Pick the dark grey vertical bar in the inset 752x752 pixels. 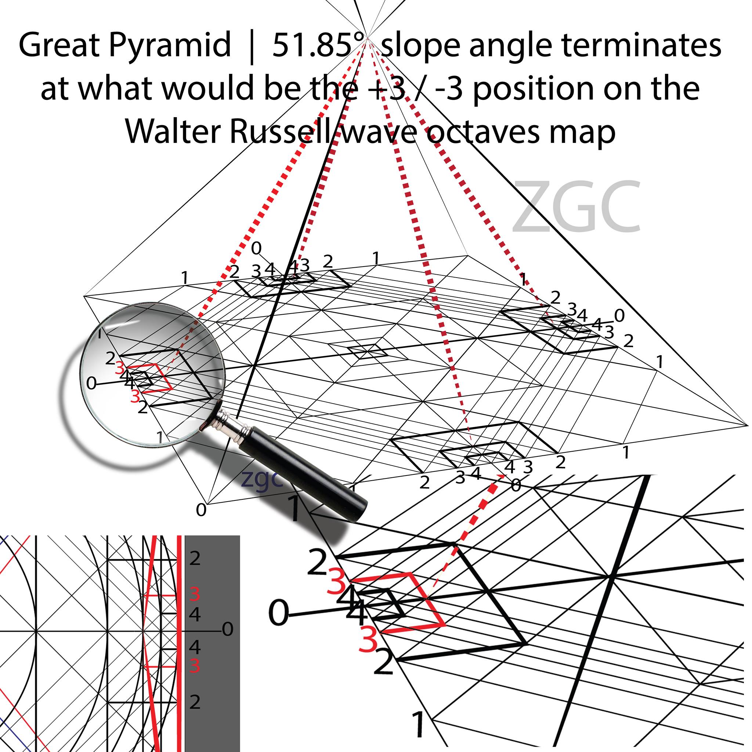(212, 644)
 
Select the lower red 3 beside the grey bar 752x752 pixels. (195, 666)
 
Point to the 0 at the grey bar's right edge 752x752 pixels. (228, 629)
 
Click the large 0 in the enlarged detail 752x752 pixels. (279, 614)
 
